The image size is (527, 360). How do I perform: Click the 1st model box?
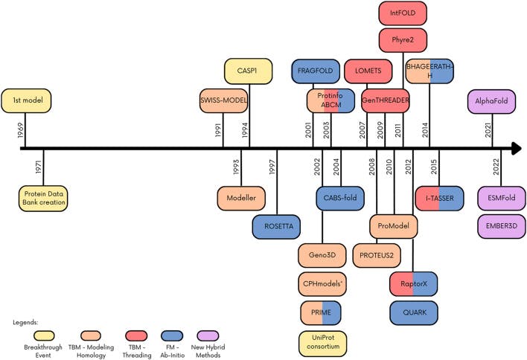point(26,100)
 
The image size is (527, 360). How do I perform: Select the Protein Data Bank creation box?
point(43,198)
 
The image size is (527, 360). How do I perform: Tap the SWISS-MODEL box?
point(223,100)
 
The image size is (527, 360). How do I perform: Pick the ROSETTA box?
point(278,227)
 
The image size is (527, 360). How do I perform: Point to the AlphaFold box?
point(489,100)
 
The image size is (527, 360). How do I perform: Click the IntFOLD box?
point(403,13)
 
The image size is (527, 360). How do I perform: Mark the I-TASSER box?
point(439,199)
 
